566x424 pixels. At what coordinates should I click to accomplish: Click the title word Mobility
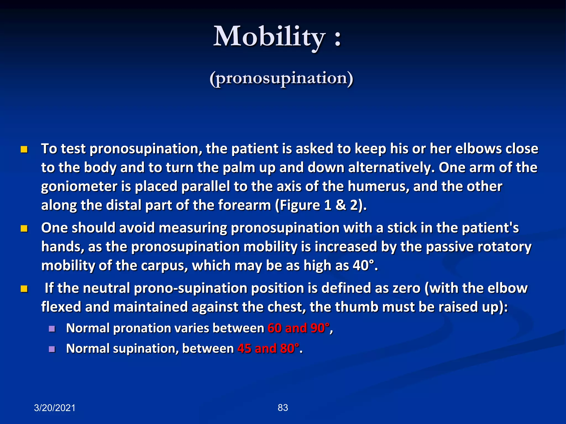[269, 37]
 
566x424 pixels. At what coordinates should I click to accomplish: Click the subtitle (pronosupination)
[281, 78]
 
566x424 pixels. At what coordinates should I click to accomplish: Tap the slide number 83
[283, 407]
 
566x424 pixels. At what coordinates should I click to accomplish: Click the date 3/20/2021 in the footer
[55, 408]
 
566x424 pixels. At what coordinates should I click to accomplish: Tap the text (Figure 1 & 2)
[321, 205]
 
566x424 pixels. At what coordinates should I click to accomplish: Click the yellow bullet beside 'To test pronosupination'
[24, 150]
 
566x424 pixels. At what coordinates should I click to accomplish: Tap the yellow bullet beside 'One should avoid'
[24, 229]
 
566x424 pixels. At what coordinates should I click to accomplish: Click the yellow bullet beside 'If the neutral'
[24, 289]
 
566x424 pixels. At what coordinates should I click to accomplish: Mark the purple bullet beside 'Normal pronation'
[52, 329]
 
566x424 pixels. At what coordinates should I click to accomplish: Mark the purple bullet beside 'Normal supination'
[52, 349]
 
